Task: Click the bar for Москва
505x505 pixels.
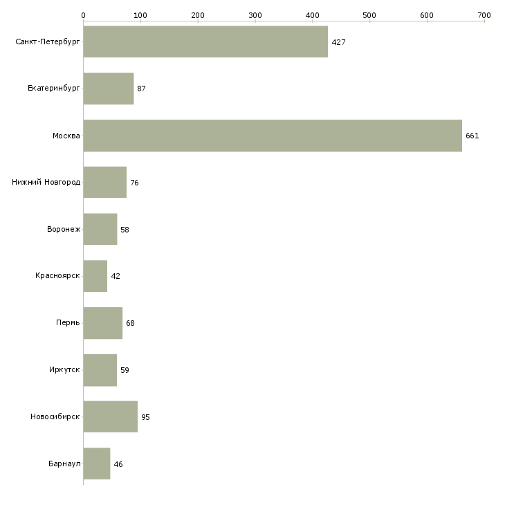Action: pos(273,136)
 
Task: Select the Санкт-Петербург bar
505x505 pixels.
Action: pos(205,42)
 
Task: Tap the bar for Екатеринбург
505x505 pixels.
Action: pos(109,89)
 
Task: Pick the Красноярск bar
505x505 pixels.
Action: pos(95,276)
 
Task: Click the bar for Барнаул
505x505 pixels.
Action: pos(97,463)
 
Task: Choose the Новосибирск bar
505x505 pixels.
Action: pos(111,416)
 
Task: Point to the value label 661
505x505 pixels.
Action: pos(472,136)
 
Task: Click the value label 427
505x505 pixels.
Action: pos(338,42)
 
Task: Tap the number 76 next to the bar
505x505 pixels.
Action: pos(134,183)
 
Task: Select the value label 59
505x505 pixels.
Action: pos(125,370)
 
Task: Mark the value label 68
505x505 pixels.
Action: pos(130,323)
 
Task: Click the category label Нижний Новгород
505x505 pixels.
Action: pos(46,183)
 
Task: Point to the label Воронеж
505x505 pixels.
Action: pos(64,229)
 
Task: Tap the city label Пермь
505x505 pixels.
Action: pos(68,322)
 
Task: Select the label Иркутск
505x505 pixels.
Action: pos(64,369)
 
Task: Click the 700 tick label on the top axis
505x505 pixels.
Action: pos(484,15)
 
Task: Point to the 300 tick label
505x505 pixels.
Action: pos(255,15)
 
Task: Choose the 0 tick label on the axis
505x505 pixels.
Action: pos(84,15)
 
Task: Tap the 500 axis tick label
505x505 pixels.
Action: pos(369,15)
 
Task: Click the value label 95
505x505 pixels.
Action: pos(145,417)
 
